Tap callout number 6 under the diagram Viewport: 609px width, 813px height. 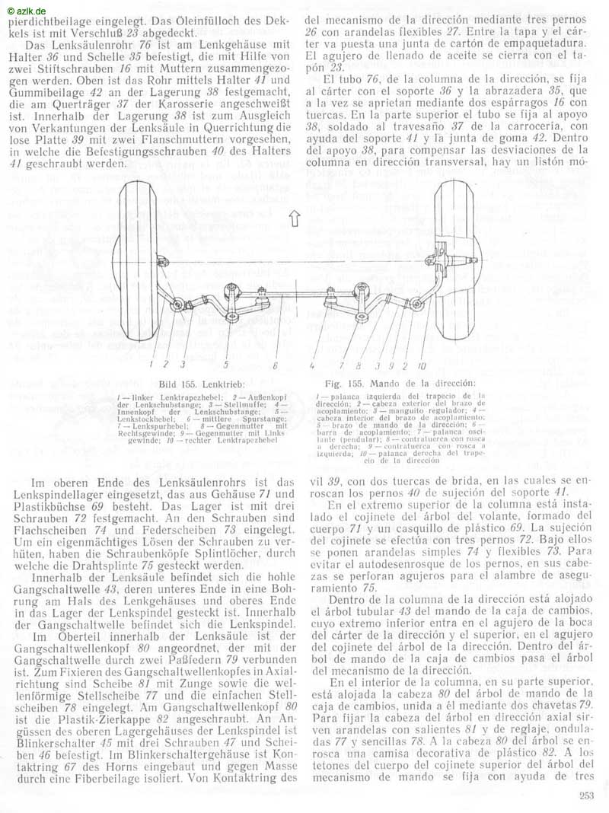point(275,365)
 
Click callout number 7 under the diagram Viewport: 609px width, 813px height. point(343,365)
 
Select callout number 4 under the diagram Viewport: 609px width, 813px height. point(313,365)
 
